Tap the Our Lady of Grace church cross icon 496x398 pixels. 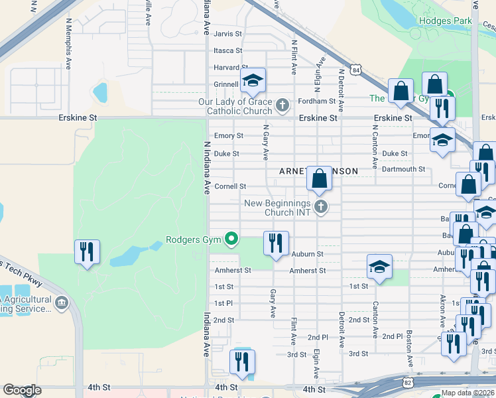coord(282,105)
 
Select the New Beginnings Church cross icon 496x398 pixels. coord(321,207)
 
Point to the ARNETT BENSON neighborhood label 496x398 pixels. coord(318,171)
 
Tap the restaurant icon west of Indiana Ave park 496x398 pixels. coord(87,251)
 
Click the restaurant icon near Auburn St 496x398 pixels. coord(275,242)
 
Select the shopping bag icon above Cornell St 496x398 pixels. coord(319,178)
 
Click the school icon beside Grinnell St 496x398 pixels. coord(252,81)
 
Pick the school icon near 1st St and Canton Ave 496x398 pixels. coord(379,267)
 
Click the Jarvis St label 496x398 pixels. coord(228,33)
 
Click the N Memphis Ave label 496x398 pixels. coord(68,41)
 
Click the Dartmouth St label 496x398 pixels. coord(404,169)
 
